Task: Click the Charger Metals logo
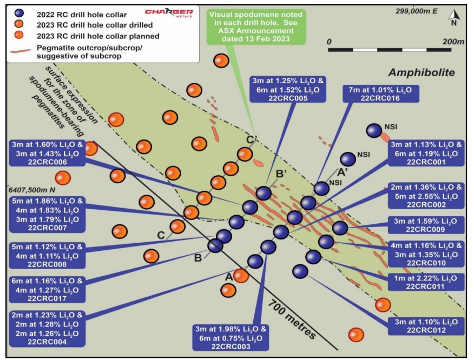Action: point(169,12)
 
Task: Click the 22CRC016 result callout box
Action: point(381,94)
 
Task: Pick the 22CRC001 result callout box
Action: point(426,153)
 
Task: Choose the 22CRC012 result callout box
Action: point(426,326)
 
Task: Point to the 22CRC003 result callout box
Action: point(231,337)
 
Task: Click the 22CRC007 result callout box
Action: point(47,215)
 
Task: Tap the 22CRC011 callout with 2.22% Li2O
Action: point(426,282)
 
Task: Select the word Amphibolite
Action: point(422,72)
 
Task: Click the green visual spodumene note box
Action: point(256,26)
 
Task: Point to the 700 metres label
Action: point(292,319)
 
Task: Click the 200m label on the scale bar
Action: point(453,42)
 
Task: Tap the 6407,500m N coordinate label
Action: point(32,190)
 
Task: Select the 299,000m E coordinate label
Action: point(417,11)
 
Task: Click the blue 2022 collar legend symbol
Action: point(19,13)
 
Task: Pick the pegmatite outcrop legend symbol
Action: point(21,51)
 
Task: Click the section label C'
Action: point(252,139)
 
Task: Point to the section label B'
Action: point(281,174)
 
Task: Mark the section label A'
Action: point(342,172)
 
